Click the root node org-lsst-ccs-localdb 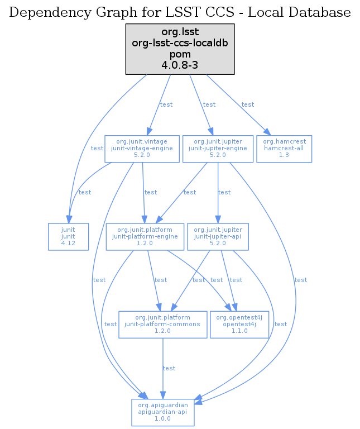tap(180, 49)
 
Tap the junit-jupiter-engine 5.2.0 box tap(218, 148)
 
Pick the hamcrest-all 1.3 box tap(284, 148)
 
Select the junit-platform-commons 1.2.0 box tap(163, 324)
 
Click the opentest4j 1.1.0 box tap(239, 324)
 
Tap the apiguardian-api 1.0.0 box tap(162, 412)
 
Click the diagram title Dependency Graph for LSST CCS tap(180, 12)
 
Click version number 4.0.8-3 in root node tap(180, 65)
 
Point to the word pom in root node tap(180, 55)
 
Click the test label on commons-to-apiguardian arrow tap(169, 368)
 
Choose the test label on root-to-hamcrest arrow tap(248, 104)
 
